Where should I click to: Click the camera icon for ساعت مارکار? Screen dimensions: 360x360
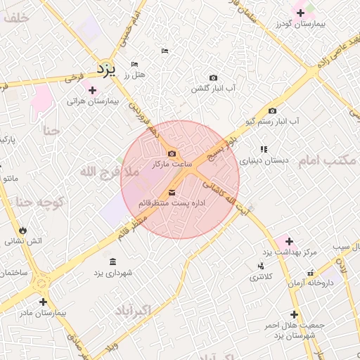click(172, 154)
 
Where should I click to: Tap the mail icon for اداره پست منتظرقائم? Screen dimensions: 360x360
click(172, 193)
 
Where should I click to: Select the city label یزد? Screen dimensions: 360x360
click(105, 69)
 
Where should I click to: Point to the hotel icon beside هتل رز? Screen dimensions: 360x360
click(134, 65)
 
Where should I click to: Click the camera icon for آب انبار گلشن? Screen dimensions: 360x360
click(214, 77)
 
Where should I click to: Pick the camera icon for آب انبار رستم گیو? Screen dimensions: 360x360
click(272, 111)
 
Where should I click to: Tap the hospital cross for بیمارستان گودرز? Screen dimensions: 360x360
click(301, 12)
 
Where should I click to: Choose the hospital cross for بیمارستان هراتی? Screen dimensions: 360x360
click(91, 90)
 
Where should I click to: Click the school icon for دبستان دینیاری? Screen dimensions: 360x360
click(264, 149)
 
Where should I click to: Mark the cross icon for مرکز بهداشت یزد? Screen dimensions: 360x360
click(289, 241)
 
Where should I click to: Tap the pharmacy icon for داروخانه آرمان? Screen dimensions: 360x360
click(310, 272)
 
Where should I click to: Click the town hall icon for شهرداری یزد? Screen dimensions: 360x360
click(112, 262)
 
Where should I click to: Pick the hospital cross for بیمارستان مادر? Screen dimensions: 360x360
click(43, 302)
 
